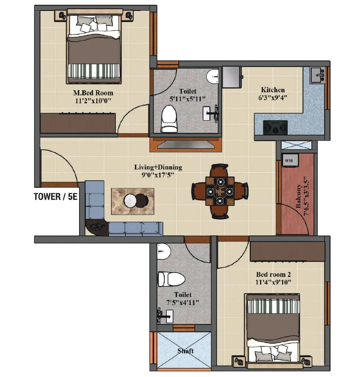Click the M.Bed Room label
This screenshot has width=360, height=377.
(93, 93)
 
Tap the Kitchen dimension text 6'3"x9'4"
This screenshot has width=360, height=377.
(273, 98)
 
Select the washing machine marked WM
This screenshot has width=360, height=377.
(289, 161)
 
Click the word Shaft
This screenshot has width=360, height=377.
(185, 351)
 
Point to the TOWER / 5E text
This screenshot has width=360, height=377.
(56, 197)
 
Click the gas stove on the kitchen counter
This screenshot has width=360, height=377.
(275, 128)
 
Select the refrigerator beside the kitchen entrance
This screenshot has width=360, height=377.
(231, 77)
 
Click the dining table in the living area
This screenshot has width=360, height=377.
(220, 191)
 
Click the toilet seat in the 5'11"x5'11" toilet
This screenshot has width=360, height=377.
(169, 119)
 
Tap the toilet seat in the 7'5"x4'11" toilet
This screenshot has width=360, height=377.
(171, 279)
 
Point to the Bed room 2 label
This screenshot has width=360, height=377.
(273, 274)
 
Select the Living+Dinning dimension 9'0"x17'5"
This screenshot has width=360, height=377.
(158, 175)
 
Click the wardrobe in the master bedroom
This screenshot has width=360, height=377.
(78, 123)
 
